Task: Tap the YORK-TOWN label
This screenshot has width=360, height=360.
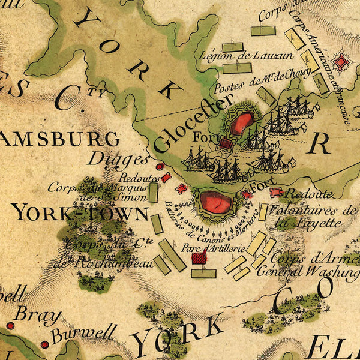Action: click(x=80, y=212)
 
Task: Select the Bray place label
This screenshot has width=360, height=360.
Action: click(x=37, y=314)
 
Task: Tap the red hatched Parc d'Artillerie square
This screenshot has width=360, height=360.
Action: click(x=199, y=257)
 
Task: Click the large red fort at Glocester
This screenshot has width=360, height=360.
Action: click(x=241, y=123)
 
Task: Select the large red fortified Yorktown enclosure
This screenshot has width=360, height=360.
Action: click(x=215, y=203)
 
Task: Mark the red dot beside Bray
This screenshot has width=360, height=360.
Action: click(x=10, y=326)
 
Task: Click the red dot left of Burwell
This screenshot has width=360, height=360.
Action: click(x=44, y=344)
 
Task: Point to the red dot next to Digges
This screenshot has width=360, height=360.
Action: click(x=160, y=167)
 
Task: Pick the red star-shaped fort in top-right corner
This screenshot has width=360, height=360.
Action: click(x=343, y=61)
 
